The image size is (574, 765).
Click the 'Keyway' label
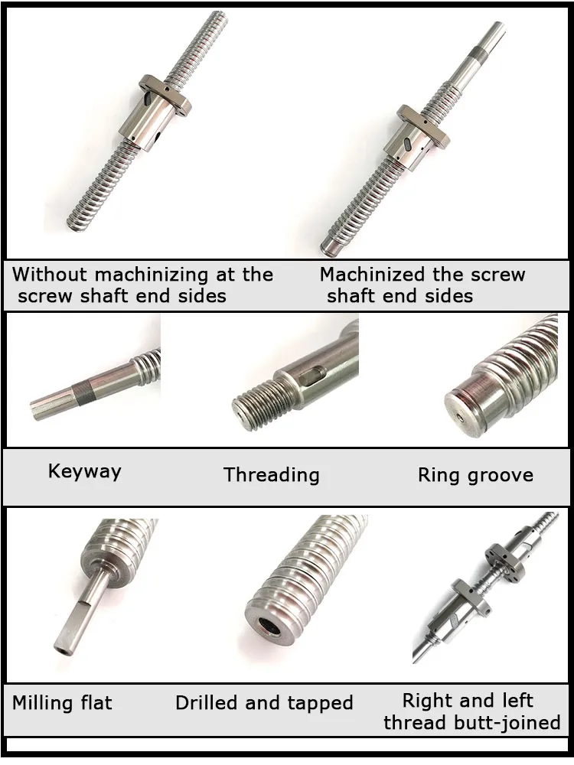[x=84, y=471]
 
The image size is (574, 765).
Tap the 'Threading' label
[x=271, y=475]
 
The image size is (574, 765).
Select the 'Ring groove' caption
[x=475, y=475]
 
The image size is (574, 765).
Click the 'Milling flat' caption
[x=62, y=702]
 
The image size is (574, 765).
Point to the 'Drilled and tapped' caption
[x=264, y=703]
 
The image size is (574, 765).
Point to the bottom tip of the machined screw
[x=331, y=247]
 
